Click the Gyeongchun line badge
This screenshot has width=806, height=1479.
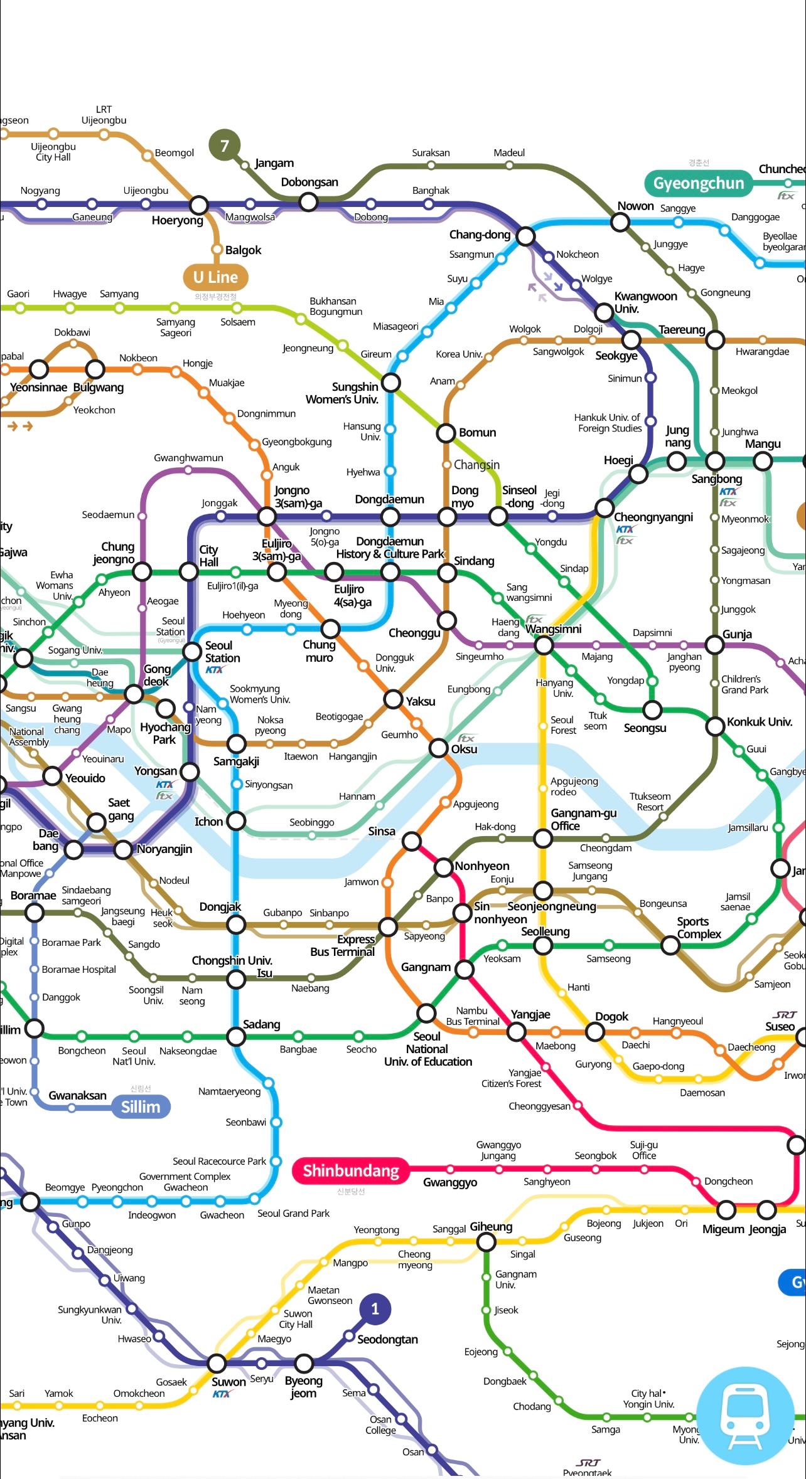click(x=698, y=183)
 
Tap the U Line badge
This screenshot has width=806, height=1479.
click(x=215, y=277)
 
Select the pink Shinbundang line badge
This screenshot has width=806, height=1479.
click(x=351, y=1170)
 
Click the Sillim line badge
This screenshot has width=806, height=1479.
click(x=141, y=1106)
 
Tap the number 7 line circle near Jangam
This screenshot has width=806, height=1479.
click(x=224, y=146)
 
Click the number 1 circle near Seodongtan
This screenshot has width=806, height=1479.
click(x=375, y=1308)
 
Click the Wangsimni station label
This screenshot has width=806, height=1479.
click(x=554, y=629)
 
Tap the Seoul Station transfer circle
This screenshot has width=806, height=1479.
click(x=192, y=652)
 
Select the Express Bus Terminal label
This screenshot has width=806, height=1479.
click(x=342, y=945)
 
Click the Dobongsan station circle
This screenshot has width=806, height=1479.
click(x=308, y=202)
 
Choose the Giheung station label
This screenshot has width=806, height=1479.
click(x=491, y=1226)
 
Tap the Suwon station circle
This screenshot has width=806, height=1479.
click(x=217, y=1363)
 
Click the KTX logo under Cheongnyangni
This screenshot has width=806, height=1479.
click(x=625, y=529)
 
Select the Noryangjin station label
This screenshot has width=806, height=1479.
click(x=164, y=849)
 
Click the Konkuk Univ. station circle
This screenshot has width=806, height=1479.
click(x=715, y=727)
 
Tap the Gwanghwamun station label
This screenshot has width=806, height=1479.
click(x=188, y=458)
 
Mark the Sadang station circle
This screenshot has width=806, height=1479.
click(x=236, y=1036)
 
